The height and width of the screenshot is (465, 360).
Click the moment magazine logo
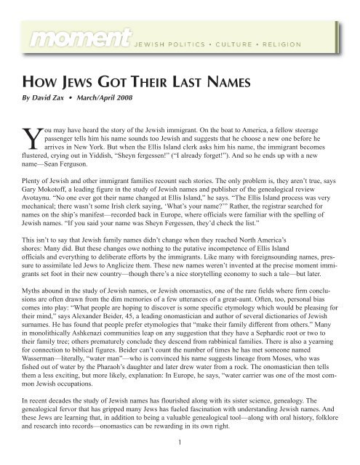[x=65, y=34]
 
